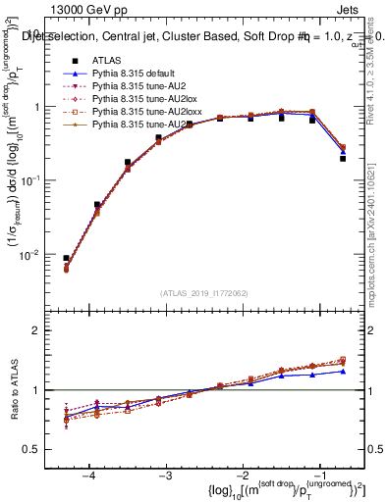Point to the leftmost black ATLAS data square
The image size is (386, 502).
[66, 258]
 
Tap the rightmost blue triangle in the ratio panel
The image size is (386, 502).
[343, 371]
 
